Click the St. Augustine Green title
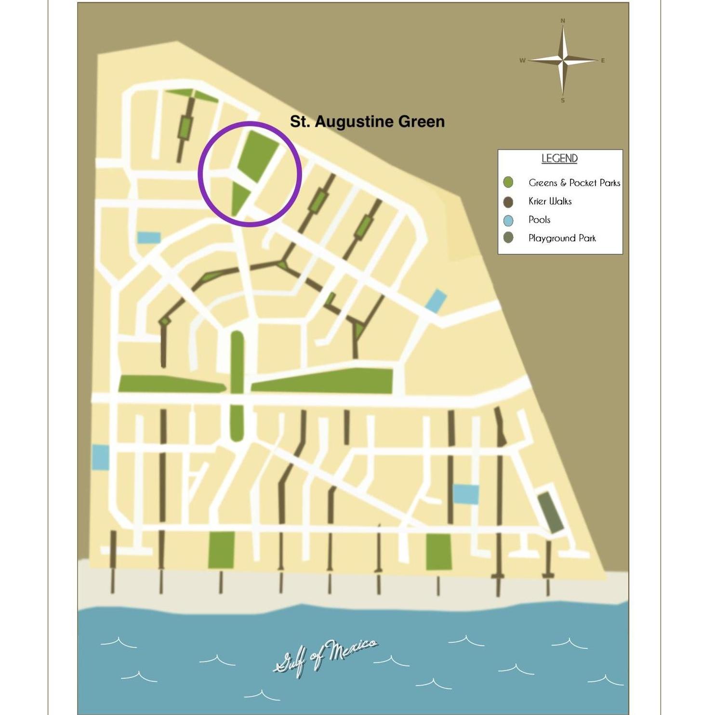pos(367,121)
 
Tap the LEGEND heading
pos(559,159)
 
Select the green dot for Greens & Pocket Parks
pos(508,182)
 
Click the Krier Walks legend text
pos(550,201)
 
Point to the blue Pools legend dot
pos(508,220)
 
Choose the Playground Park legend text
pos(562,238)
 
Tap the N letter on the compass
pos(563,21)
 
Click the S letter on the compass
pos(563,100)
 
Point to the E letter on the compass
pos(603,61)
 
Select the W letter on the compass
pos(522,61)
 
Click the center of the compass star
pos(563,60)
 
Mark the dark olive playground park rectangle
pos(550,513)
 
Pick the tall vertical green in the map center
pos(237,385)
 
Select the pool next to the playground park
pos(466,494)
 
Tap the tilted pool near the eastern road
pos(436,300)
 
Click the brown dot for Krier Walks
pos(508,201)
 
